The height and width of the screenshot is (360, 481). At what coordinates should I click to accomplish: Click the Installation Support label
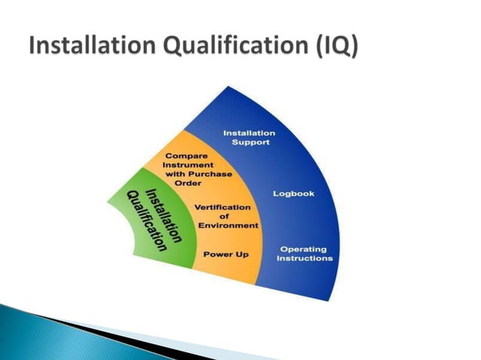[249, 138]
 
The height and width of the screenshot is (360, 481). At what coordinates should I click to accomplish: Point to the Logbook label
[293, 194]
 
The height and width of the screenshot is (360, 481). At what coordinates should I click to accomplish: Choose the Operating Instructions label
[305, 253]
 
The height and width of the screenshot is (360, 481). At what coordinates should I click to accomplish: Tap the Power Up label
[226, 255]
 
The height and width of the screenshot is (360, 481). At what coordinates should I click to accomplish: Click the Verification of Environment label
[227, 215]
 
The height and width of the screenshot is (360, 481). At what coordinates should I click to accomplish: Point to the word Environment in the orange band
[228, 225]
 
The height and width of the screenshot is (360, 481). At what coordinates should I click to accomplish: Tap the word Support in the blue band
[250, 143]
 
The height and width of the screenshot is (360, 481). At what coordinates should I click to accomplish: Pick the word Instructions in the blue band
[305, 258]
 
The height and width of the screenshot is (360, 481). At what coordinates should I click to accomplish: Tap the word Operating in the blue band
[303, 249]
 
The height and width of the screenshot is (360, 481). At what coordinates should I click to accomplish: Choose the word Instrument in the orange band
[189, 164]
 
